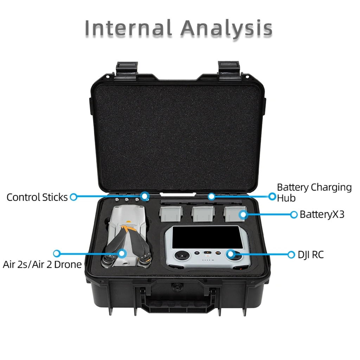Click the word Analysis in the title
pos(226,28)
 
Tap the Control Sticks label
pos(37,197)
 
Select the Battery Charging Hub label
pos(314,192)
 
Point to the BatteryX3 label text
pos(322,214)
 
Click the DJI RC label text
pos(310,255)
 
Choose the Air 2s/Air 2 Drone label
pos(42,264)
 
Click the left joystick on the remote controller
pos(182,256)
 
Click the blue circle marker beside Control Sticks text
pos(73,197)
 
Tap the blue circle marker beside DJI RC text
pos(291,255)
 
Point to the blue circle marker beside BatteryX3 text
pos(294,214)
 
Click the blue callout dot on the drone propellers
pos(122,253)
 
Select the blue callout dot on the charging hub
pos(211,196)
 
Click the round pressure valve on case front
pos(175,287)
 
